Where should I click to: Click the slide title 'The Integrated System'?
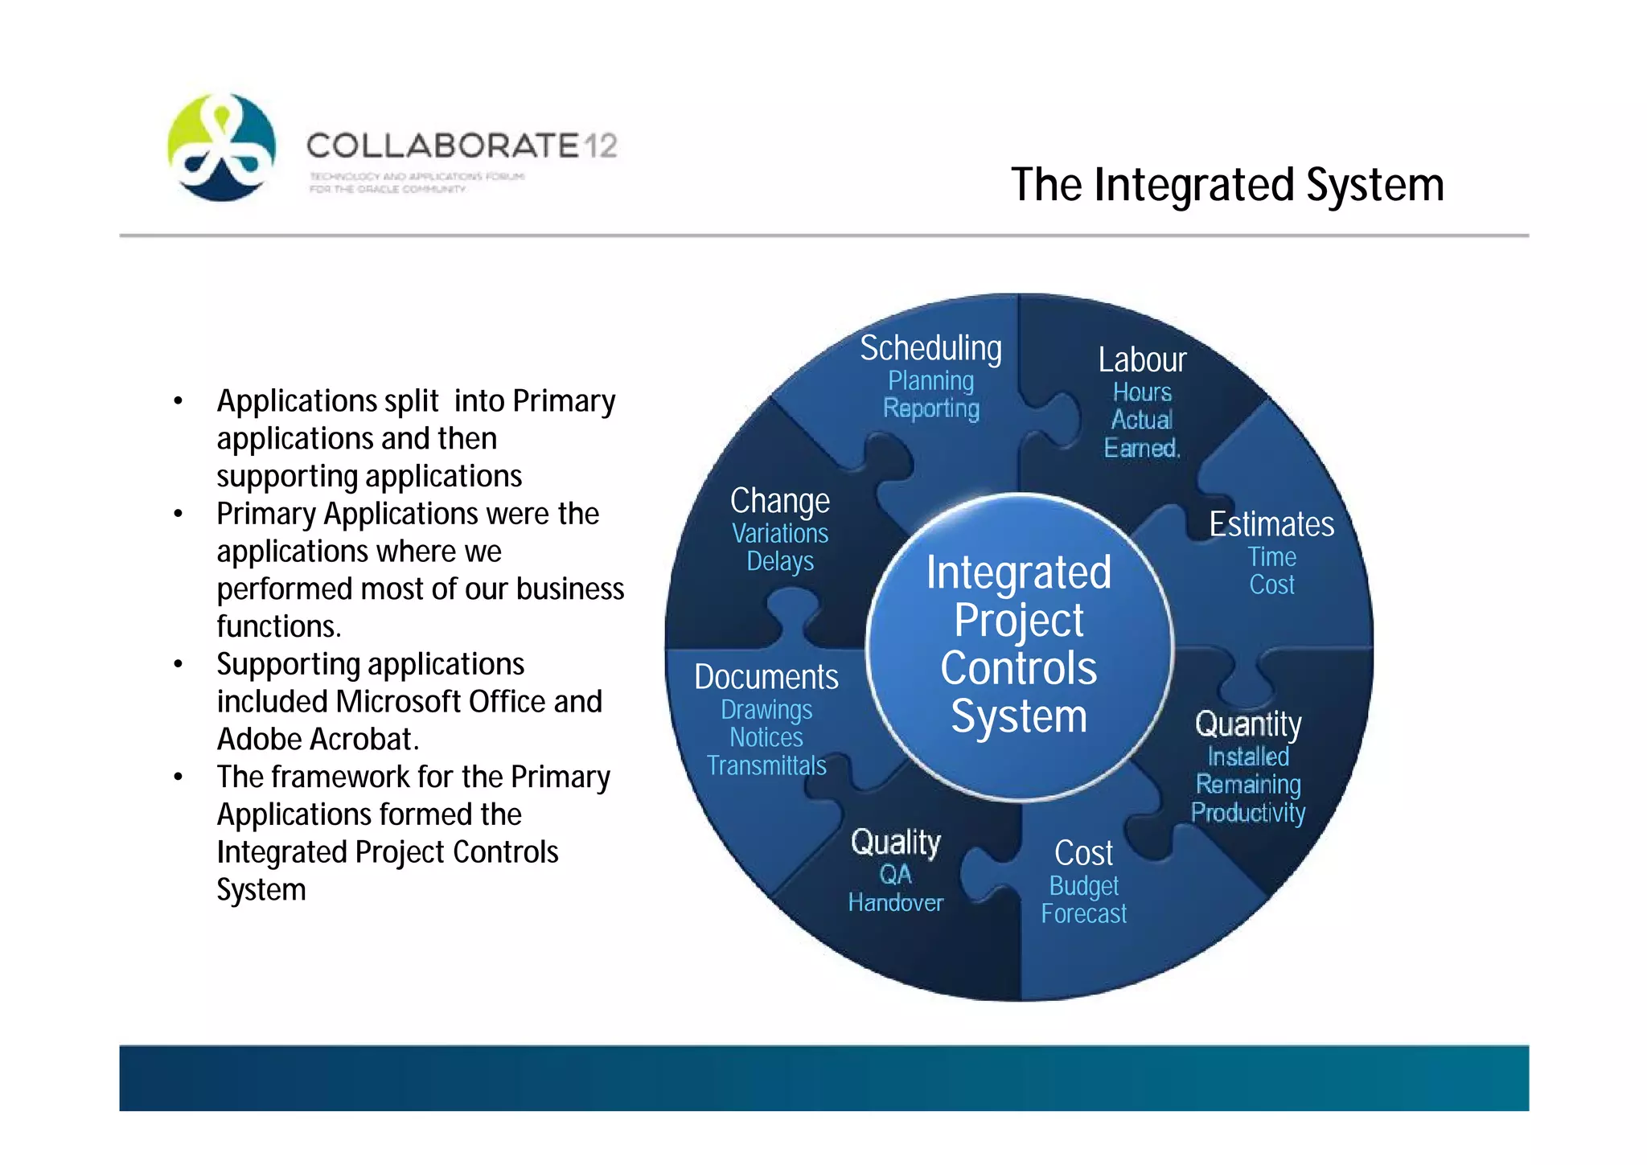point(1227,185)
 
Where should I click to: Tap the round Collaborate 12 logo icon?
point(222,147)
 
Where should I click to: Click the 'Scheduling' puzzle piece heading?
point(930,348)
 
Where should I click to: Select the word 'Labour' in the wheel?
point(1142,359)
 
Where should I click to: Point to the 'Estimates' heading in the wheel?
point(1271,524)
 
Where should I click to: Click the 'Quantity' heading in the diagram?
point(1247,724)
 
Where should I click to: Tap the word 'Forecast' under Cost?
point(1083,914)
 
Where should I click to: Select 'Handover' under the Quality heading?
point(895,902)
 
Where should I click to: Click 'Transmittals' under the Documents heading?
point(766,765)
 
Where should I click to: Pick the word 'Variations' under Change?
point(780,533)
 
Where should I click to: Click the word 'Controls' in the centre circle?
point(1018,669)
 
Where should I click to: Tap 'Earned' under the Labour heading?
point(1140,448)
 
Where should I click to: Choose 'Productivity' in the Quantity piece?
point(1247,812)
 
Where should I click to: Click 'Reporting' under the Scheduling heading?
point(930,408)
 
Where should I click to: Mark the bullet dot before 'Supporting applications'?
point(179,665)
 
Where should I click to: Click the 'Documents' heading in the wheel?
point(766,677)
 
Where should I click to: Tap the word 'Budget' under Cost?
point(1083,886)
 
